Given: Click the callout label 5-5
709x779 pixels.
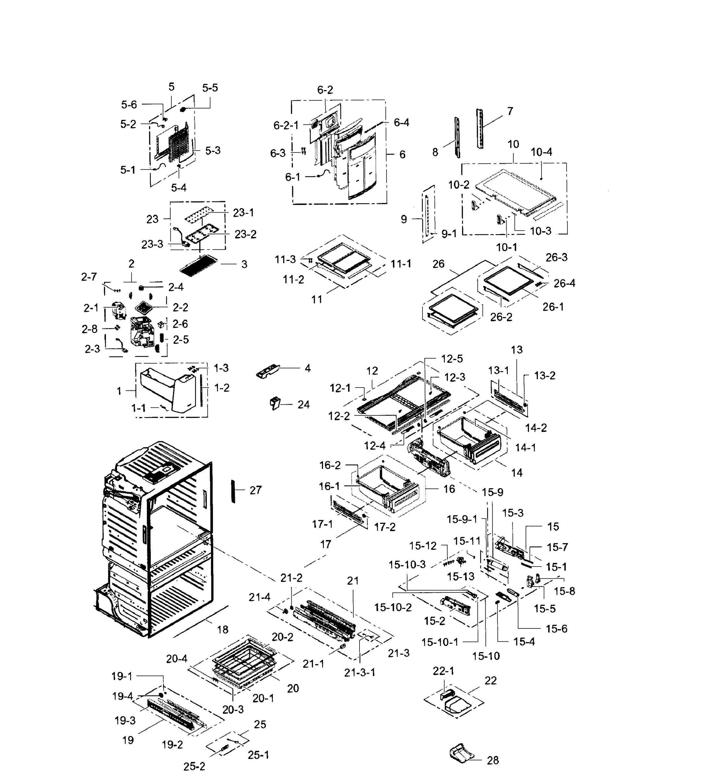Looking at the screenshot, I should point(210,88).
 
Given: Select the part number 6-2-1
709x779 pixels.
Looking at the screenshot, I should point(286,126).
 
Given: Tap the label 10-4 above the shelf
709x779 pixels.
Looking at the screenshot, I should point(541,152).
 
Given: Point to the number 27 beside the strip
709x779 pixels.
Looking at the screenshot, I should point(255,490).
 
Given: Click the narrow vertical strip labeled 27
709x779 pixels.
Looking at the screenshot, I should point(233,491).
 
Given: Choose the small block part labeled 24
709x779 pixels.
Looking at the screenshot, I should point(275,403).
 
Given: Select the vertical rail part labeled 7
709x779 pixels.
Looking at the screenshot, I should point(480,128).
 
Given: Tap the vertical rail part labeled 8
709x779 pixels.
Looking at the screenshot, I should point(457,138).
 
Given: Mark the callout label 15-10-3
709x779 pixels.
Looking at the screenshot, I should point(407,565).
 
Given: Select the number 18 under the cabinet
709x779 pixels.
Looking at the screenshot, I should point(222,630).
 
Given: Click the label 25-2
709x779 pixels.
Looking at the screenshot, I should point(194,767).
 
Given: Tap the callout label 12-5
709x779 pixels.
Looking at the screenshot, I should point(452,359).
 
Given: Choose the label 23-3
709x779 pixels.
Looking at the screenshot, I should point(152,244).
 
